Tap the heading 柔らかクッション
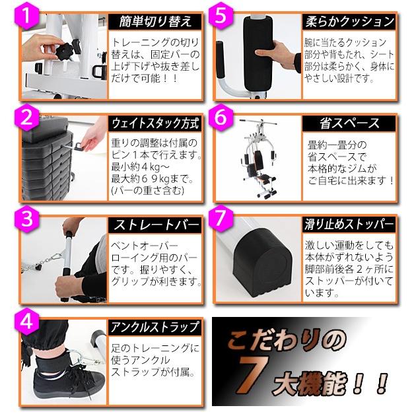(x=351, y=21)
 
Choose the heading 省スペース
(x=351, y=123)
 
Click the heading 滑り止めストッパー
(x=351, y=225)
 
